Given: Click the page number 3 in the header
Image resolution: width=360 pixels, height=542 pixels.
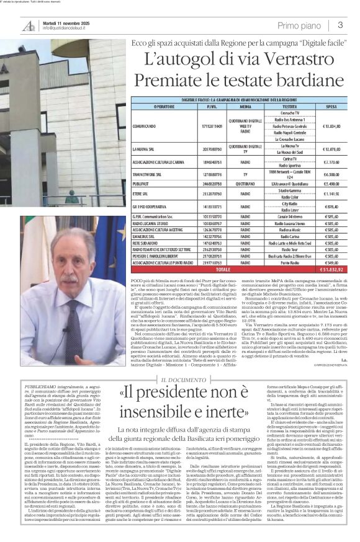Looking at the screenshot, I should pyautogui.click(x=341, y=25).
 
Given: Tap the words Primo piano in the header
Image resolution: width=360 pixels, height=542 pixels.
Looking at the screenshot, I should pyautogui.click(x=298, y=25).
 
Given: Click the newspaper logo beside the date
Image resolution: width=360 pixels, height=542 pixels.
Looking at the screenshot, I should pyautogui.click(x=28, y=25).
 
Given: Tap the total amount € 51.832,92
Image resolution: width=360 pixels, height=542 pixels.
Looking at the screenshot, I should pyautogui.click(x=331, y=270).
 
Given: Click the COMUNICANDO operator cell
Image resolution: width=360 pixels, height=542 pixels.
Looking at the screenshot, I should pyautogui.click(x=145, y=126).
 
